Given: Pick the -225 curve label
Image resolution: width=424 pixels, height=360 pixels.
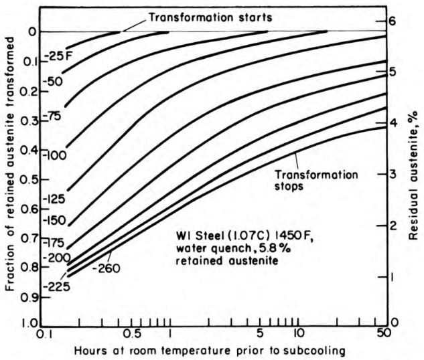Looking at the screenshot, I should tap(56, 287).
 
